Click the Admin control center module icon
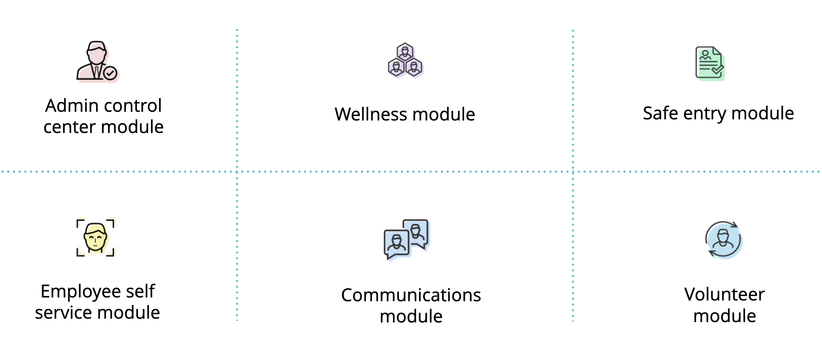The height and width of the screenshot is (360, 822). point(97,61)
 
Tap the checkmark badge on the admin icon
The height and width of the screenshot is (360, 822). point(110,73)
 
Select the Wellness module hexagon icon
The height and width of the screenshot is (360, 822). point(405,61)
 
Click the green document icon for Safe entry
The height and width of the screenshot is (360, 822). point(709,63)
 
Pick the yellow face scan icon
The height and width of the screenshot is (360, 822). point(95,238)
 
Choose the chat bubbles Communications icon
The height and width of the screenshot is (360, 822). point(406,239)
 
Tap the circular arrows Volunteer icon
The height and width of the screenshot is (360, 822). point(723,240)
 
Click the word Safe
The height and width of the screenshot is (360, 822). point(660,113)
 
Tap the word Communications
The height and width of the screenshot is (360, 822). point(411,295)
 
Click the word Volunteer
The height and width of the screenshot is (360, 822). point(724,294)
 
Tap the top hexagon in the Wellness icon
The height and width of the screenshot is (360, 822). point(405,52)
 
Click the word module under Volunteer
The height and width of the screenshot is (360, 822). point(724,316)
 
